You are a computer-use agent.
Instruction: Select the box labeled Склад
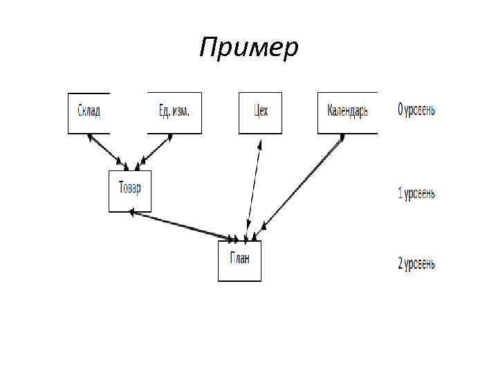(89, 113)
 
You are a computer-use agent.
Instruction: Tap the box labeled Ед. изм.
(174, 113)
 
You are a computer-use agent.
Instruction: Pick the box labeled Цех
(260, 113)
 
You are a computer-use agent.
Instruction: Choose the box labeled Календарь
(347, 113)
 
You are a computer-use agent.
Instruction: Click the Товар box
(130, 191)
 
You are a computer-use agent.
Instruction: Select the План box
(239, 261)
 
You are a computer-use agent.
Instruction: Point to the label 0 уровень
(416, 111)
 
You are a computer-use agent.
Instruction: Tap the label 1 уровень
(416, 194)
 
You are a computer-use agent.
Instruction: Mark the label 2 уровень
(416, 263)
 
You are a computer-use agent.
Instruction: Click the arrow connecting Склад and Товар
(105, 150)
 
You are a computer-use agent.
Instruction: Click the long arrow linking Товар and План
(183, 226)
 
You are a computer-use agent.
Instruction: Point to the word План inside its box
(239, 258)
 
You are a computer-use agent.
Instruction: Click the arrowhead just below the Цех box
(259, 145)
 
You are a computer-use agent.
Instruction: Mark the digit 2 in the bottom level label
(400, 263)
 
